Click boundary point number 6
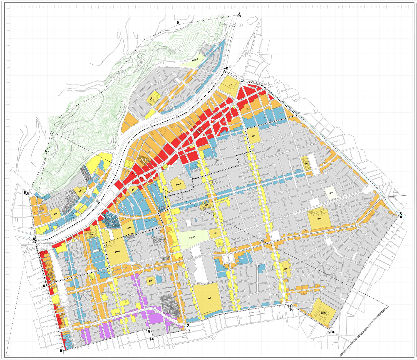(x=238, y=13)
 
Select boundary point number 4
(x=46, y=151)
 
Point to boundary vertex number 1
(x=63, y=353)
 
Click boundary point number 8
(x=401, y=213)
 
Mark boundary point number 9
(x=329, y=332)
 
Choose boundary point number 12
(x=187, y=326)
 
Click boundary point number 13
(x=188, y=331)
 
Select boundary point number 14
(x=152, y=339)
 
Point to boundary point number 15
(x=148, y=332)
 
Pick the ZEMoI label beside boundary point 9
(x=324, y=313)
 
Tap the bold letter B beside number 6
(x=239, y=17)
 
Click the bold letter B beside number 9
(x=332, y=332)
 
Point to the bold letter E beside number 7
(x=227, y=68)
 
